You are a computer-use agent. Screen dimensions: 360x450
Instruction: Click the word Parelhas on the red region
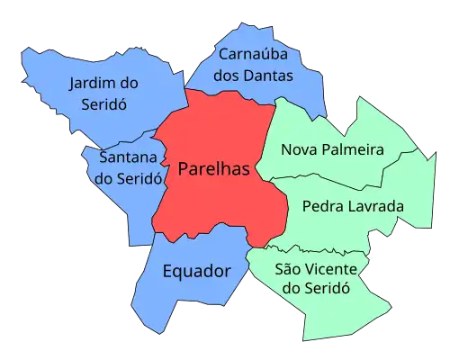coord(213,169)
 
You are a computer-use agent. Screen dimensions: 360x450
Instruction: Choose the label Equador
coord(196,271)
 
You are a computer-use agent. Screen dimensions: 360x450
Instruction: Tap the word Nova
coord(299,149)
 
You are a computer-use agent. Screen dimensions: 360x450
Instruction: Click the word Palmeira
coord(353,149)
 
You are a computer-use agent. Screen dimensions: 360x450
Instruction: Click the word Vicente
coord(328,269)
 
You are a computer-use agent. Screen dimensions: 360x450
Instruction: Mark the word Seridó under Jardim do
coord(97,103)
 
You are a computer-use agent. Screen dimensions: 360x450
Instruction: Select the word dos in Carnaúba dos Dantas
coord(228,76)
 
